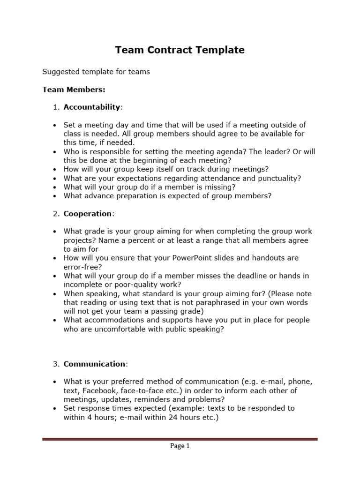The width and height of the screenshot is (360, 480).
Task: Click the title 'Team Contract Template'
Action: pyautogui.click(x=180, y=50)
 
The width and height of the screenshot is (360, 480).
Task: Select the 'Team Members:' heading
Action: pyautogui.click(x=74, y=89)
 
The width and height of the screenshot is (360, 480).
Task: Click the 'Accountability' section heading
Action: pyautogui.click(x=92, y=107)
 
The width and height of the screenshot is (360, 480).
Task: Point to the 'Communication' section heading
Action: pyautogui.click(x=95, y=364)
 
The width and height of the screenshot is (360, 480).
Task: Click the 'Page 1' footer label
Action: pyautogui.click(x=180, y=446)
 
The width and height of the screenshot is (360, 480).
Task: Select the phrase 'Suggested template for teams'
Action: pyautogui.click(x=96, y=72)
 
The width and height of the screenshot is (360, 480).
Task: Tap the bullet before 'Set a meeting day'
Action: pyautogui.click(x=54, y=125)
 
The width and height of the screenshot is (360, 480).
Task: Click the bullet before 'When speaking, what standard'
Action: pyautogui.click(x=54, y=294)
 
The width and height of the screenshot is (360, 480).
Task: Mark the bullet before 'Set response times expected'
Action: pyautogui.click(x=54, y=408)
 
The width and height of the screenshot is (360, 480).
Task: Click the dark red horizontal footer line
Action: pyautogui.click(x=180, y=439)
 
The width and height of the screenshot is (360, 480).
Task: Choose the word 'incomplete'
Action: pyautogui.click(x=82, y=285)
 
